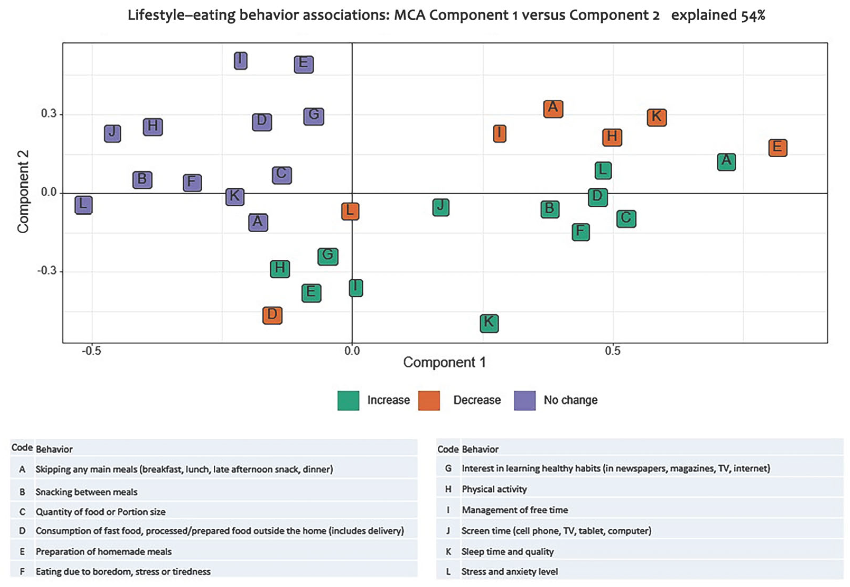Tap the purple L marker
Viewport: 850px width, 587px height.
[84, 205]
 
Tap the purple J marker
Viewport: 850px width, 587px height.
[113, 133]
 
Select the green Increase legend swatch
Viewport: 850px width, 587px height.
[348, 400]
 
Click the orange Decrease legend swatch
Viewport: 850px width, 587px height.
[429, 400]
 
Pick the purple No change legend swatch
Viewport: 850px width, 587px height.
[525, 400]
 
